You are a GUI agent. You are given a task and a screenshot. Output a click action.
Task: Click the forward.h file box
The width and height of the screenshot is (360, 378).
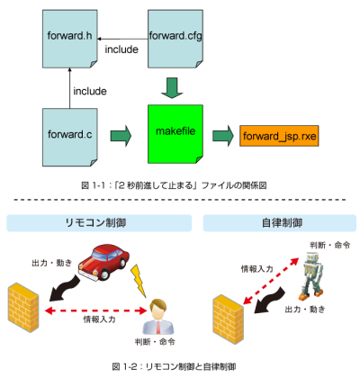coord(70,39)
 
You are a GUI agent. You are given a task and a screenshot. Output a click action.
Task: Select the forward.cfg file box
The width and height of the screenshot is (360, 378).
coord(175,39)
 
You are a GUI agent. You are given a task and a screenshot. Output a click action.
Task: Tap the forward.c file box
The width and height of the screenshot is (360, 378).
coord(70,138)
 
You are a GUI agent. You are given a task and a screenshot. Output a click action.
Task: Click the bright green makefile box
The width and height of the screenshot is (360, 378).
coord(175,134)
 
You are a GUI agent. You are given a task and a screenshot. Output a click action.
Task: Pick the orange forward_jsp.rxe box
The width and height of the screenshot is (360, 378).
coord(279,136)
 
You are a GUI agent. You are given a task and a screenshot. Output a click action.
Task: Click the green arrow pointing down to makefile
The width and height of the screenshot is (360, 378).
coord(172,88)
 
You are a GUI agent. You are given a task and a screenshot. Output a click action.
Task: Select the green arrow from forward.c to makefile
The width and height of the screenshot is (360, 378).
coord(121,136)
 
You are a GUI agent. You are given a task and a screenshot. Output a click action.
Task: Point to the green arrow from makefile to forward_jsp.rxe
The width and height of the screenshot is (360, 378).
coord(223,136)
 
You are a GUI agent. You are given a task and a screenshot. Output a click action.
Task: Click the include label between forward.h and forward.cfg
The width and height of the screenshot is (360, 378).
coord(121,49)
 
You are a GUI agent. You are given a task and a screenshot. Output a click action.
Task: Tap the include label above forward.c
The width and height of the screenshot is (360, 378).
coord(90,91)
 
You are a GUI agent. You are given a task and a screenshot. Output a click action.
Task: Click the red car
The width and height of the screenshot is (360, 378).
coord(103,263)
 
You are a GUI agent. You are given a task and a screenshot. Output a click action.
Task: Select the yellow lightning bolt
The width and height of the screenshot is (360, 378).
coord(139,281)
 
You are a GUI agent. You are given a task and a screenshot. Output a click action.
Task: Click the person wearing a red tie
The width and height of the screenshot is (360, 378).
coord(157,317)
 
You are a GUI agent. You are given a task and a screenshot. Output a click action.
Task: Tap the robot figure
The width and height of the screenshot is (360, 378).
coord(312,276)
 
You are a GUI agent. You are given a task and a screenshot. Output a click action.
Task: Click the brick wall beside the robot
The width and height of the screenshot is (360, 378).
coord(228,319)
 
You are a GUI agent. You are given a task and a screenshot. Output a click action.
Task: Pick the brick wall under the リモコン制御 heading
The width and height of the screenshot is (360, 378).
coord(23,308)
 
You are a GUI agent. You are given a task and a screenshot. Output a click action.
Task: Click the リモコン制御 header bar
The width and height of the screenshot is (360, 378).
coord(99,223)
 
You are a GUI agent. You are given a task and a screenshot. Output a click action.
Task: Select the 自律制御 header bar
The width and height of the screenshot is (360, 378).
coord(280,223)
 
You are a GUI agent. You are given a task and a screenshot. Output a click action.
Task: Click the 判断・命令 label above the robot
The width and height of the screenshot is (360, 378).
coord(330,246)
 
